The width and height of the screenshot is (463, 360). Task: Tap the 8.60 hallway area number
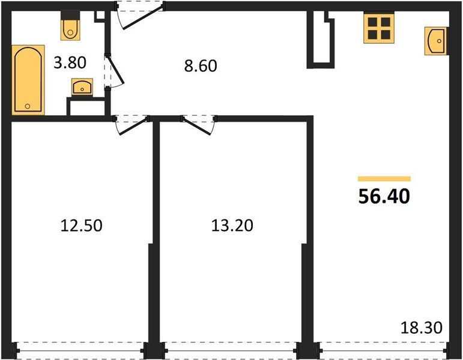coord(199,65)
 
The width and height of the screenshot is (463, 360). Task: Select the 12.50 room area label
coord(82,226)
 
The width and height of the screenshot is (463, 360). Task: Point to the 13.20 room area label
coord(232,226)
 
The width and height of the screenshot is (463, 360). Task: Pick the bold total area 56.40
coord(384,197)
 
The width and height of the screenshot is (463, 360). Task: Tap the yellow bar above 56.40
coord(384,179)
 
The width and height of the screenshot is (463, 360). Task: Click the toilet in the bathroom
coord(71,27)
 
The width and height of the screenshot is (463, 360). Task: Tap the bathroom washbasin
coord(82,88)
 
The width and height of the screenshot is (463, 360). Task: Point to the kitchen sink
coord(437,41)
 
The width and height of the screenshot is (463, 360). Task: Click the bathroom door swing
coord(114,72)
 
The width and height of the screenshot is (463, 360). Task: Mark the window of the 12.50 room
coord(79,348)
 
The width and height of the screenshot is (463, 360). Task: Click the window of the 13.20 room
coord(232,348)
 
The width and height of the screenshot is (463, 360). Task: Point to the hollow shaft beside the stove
coord(322,39)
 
